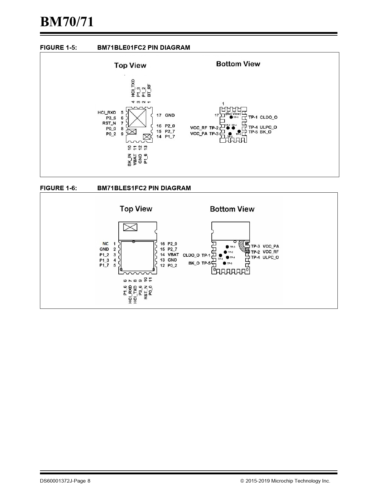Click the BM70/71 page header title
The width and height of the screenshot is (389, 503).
click(x=67, y=22)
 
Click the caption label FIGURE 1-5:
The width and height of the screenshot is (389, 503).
click(x=58, y=48)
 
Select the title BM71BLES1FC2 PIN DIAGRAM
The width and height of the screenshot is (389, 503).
click(x=144, y=188)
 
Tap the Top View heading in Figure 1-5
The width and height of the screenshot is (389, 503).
click(x=130, y=65)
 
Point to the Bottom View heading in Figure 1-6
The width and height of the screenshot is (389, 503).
click(x=232, y=209)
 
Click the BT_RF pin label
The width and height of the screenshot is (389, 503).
click(x=149, y=91)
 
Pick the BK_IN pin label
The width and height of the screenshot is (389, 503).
click(x=130, y=160)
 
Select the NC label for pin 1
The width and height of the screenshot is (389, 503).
click(x=106, y=244)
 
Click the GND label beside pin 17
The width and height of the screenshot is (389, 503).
click(x=170, y=115)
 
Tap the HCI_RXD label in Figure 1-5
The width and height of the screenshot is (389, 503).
click(x=107, y=112)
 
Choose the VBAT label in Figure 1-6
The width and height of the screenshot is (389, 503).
click(x=173, y=255)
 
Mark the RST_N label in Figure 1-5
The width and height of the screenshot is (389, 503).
click(x=109, y=123)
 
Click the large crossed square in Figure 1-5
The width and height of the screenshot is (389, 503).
click(x=137, y=118)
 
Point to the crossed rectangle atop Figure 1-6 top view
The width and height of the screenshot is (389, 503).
click(x=130, y=227)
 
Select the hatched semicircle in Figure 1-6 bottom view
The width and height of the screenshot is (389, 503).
click(x=244, y=245)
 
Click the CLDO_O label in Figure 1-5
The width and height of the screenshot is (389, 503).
click(x=269, y=117)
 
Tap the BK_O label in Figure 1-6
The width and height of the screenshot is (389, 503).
click(x=194, y=263)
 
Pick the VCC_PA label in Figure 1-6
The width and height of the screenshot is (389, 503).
click(x=271, y=246)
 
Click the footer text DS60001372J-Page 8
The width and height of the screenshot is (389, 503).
click(x=65, y=481)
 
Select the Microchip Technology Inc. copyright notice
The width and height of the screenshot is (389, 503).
click(x=285, y=481)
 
